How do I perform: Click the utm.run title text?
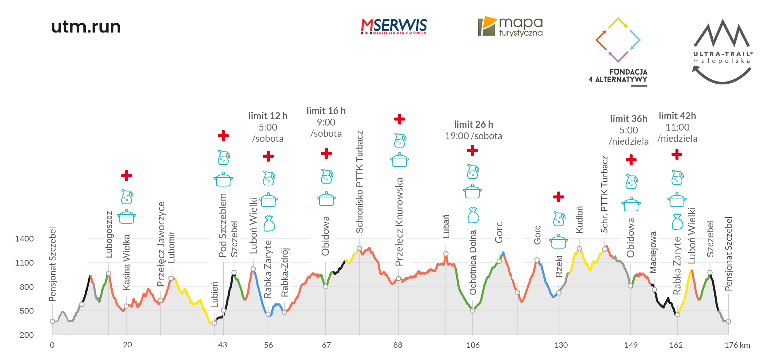(x=86, y=27)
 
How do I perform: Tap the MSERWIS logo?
(x=394, y=27)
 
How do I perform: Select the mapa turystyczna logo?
(x=510, y=27)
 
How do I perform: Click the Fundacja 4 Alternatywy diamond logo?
(x=618, y=40)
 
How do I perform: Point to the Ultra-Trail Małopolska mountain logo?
(x=722, y=51)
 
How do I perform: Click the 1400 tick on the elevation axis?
(x=24, y=239)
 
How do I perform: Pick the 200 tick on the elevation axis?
(x=27, y=335)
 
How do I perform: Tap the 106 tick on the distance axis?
(x=473, y=345)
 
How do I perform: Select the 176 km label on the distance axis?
(x=737, y=345)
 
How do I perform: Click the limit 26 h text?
(x=474, y=124)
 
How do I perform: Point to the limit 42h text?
(x=677, y=116)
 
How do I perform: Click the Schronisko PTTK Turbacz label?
(x=360, y=182)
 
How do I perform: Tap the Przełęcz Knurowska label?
(x=399, y=222)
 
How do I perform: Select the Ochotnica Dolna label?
(x=473, y=262)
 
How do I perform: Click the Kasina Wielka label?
(x=127, y=262)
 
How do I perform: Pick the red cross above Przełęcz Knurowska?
(x=400, y=119)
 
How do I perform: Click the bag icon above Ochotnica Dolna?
(x=473, y=215)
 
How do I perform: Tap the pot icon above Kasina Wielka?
(x=127, y=216)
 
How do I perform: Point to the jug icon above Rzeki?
(x=559, y=219)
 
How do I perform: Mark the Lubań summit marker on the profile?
(x=446, y=254)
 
